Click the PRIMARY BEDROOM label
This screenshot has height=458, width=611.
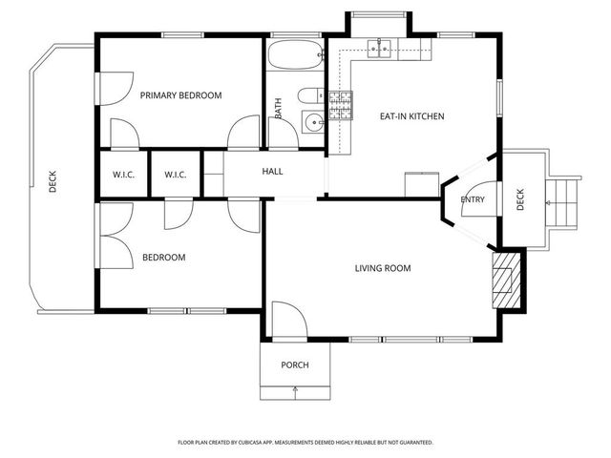[x=180, y=95]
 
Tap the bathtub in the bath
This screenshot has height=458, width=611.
[x=295, y=56]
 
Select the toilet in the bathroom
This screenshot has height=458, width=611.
[x=308, y=95]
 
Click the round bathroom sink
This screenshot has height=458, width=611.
[x=312, y=122]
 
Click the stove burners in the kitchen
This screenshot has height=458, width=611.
[x=341, y=105]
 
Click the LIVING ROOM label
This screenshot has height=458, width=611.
[x=382, y=268]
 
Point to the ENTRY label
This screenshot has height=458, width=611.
[x=472, y=199]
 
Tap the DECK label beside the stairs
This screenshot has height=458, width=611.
[x=520, y=200]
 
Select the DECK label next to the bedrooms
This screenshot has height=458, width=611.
[x=53, y=181]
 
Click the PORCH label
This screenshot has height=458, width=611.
[x=294, y=365]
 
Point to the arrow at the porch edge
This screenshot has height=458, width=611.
[x=295, y=389]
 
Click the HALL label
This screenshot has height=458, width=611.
[x=273, y=172]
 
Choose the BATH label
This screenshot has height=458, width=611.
[x=278, y=109]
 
